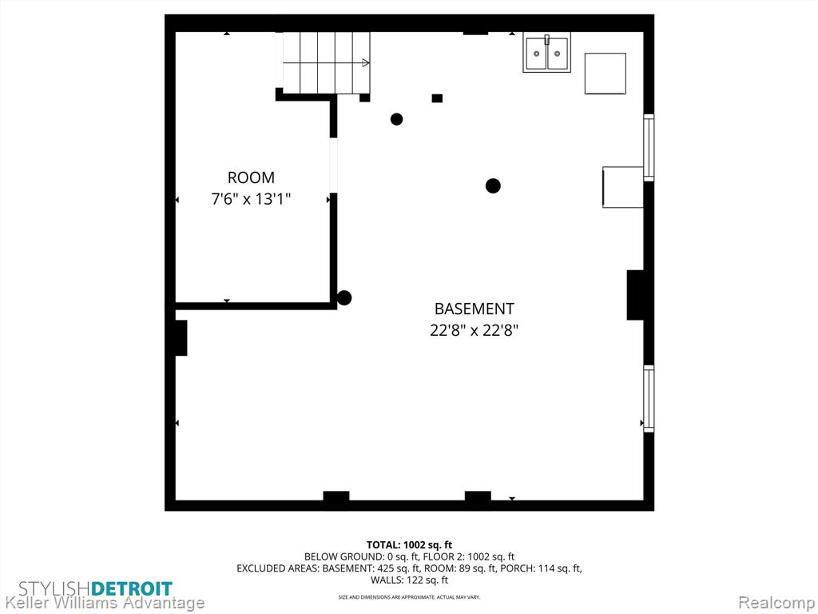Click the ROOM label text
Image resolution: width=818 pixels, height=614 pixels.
(x=251, y=177)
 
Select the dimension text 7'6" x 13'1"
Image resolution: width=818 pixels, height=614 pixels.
(x=251, y=199)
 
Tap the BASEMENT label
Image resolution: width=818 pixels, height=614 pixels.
(x=475, y=309)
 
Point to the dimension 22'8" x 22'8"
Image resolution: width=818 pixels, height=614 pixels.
(x=475, y=330)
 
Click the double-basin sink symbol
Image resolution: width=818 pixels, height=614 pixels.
(x=546, y=52)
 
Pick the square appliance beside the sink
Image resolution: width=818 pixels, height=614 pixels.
(x=606, y=74)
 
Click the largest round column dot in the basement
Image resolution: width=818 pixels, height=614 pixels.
(x=493, y=185)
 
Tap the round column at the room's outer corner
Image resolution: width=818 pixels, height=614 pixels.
(x=343, y=298)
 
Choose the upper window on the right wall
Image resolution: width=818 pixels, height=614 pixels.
(x=649, y=148)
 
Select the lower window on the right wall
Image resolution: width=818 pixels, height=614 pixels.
(x=649, y=399)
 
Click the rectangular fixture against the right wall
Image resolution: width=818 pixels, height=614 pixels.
(x=623, y=187)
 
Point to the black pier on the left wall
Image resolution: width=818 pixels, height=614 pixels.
(x=181, y=338)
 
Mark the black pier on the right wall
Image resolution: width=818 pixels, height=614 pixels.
(x=635, y=295)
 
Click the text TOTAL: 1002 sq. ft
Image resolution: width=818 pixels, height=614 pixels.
(x=409, y=545)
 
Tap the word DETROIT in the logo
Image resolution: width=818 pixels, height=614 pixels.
(x=132, y=589)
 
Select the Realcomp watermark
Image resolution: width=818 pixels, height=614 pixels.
(x=776, y=603)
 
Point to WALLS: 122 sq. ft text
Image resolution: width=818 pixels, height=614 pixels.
(x=409, y=580)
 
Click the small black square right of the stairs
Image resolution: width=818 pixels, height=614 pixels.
(x=437, y=98)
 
